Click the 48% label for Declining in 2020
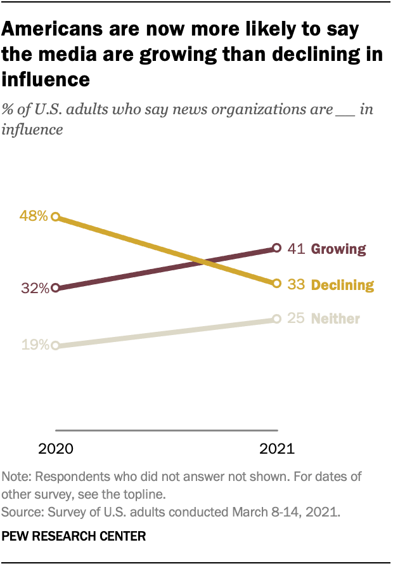(34, 216)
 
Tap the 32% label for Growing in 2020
(34, 288)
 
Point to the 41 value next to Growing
(297, 249)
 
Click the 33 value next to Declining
(297, 284)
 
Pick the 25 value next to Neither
(297, 318)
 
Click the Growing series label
(338, 249)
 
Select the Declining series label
(342, 284)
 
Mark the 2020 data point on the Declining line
(56, 216)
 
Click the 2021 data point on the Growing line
(276, 247)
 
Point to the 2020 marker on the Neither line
(56, 346)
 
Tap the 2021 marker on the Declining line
(276, 283)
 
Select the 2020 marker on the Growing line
(56, 287)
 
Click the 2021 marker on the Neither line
(276, 319)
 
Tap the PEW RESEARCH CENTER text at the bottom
(74, 536)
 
